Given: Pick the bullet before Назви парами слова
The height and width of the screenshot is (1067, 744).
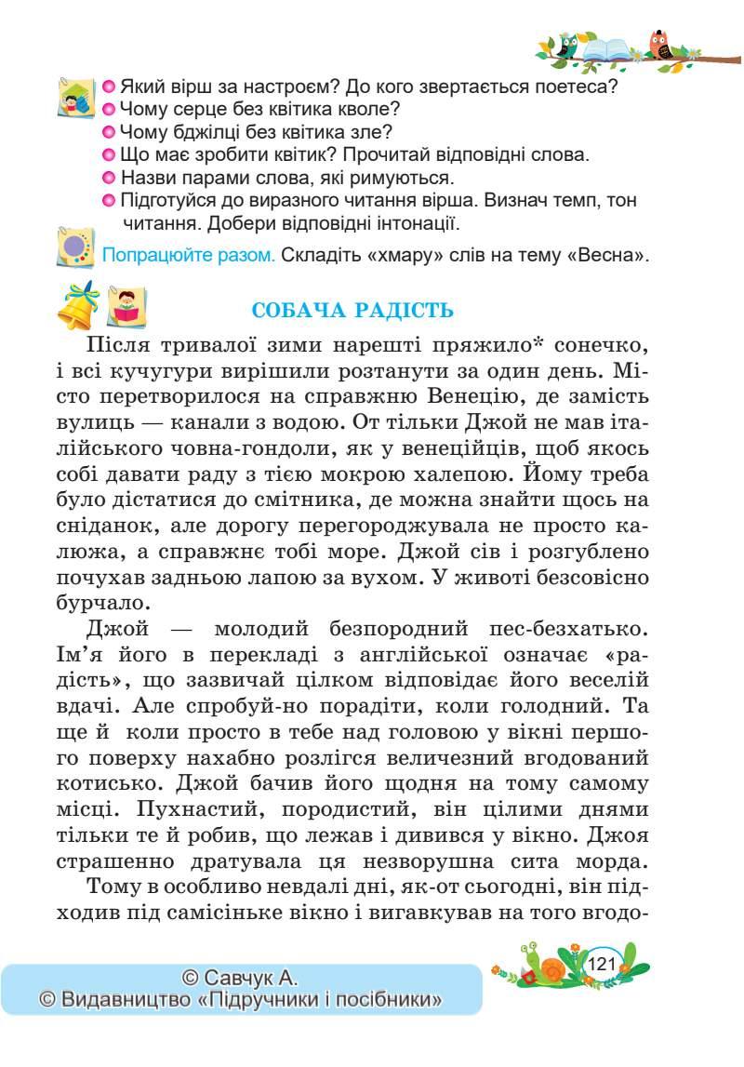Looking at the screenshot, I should point(107,177).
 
